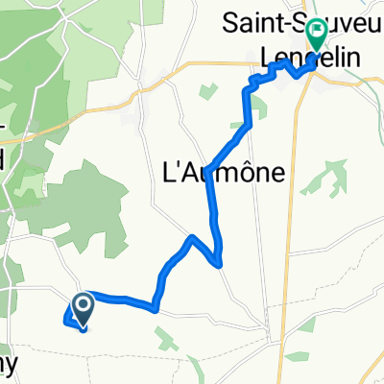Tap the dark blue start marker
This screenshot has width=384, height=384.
[x=82, y=307]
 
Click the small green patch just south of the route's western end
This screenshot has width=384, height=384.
[x=165, y=336]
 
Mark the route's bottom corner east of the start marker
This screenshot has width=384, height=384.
[x=154, y=309]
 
